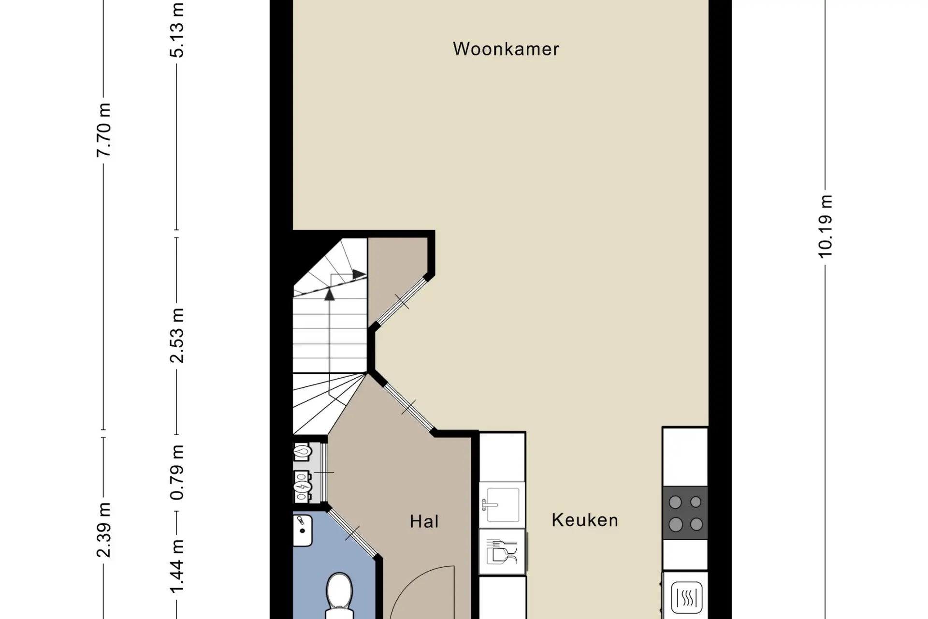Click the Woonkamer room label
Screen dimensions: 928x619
[x=506, y=49]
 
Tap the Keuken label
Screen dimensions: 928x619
[x=585, y=520]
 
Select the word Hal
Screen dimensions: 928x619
[x=424, y=521]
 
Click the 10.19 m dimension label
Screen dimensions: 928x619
[x=826, y=226]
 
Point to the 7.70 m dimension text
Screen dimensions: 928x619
[x=103, y=130]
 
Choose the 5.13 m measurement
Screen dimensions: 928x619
[x=177, y=30]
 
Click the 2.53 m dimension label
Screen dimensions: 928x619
[x=177, y=335]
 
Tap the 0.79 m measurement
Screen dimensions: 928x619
[x=177, y=472]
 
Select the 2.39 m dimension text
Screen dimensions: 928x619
[x=103, y=530]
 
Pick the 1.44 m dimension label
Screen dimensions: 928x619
[x=177, y=566]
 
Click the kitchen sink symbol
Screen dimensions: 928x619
[x=502, y=505]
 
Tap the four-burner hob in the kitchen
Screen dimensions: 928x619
[x=685, y=513]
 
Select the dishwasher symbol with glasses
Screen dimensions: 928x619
[x=502, y=552]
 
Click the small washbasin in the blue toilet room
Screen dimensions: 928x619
[x=303, y=530]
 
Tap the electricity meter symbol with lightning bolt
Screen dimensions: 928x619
[x=302, y=486]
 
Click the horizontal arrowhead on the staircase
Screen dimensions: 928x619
[x=359, y=274]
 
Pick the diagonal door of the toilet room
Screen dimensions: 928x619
[x=352, y=533]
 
